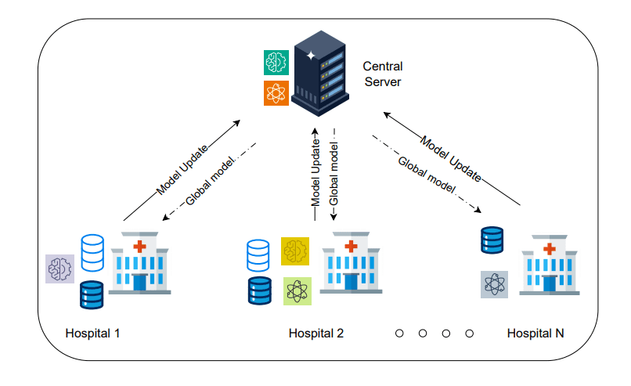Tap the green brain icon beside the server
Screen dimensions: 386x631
pos(276,62)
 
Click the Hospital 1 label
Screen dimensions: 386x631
pos(93,333)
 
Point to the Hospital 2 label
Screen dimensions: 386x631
pos(316,333)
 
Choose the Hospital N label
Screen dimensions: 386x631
pos(535,333)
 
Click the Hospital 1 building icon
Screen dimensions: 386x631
pos(139,265)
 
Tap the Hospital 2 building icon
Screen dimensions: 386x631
pos(351,265)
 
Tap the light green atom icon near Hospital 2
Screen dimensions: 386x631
pos(297,290)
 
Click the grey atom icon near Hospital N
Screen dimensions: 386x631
pos(494,284)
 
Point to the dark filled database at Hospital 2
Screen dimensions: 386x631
pos(258,290)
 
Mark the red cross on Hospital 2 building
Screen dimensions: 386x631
pos(351,247)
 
